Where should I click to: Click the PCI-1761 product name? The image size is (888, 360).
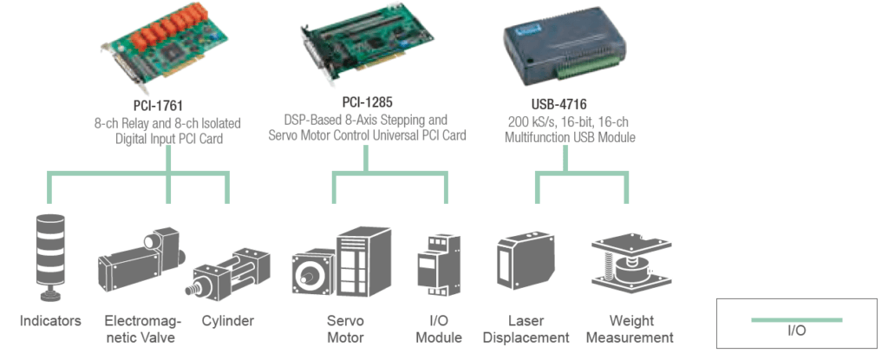point(167,106)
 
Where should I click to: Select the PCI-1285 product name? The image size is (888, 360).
point(365,102)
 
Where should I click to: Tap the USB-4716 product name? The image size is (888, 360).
point(565,105)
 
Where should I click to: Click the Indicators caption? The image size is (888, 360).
point(50,321)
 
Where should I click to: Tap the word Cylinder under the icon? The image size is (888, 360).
point(227,321)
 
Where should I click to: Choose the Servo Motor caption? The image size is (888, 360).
point(344,329)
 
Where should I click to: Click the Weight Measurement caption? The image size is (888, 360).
point(630,329)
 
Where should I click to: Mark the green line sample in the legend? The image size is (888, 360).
point(796,319)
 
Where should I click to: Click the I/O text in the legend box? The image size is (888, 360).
point(796,331)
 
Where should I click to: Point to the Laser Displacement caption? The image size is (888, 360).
point(526,329)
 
